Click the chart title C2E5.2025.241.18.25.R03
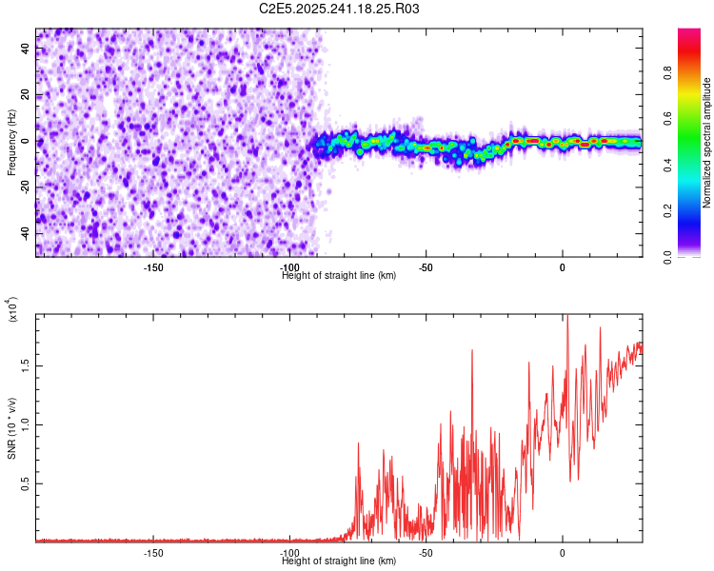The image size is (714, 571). pyautogui.click(x=340, y=9)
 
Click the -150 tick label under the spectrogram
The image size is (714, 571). pyautogui.click(x=153, y=267)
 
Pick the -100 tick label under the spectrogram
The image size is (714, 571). pyautogui.click(x=290, y=267)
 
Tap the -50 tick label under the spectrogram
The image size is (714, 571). pyautogui.click(x=426, y=267)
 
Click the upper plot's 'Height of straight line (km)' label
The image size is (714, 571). pyautogui.click(x=339, y=276)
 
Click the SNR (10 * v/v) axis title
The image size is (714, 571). pyautogui.click(x=11, y=427)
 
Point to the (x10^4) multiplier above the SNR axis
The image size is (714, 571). pyautogui.click(x=13, y=309)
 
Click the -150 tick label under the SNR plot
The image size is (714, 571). pyautogui.click(x=153, y=553)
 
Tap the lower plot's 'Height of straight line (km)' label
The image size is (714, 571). pyautogui.click(x=339, y=561)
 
